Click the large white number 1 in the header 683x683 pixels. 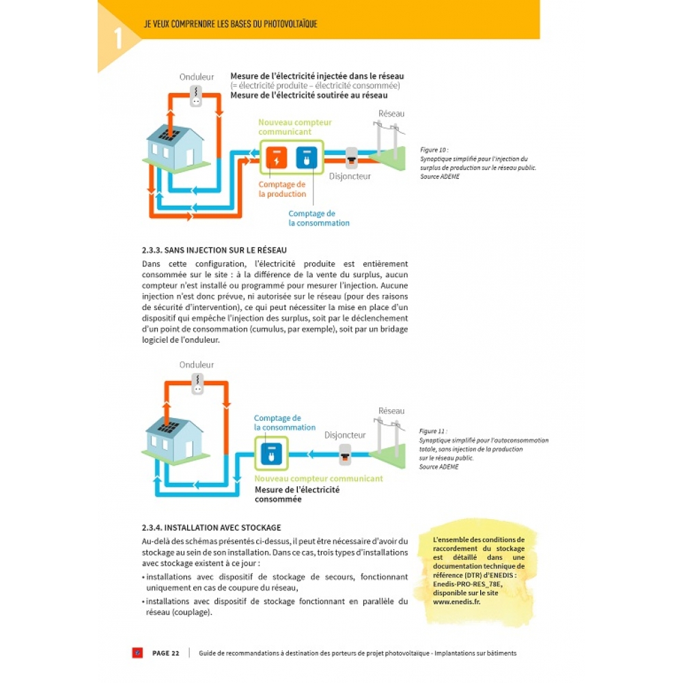point(118,38)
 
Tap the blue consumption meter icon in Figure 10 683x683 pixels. point(305,158)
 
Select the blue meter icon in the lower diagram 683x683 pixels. point(271,451)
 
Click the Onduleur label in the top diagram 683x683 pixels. point(197,77)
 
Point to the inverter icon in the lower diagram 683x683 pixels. point(197,384)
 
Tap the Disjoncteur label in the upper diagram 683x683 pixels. point(350,176)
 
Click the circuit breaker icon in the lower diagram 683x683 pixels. point(346,451)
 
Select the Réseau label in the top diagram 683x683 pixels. point(391,113)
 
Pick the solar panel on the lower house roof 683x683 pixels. point(168,428)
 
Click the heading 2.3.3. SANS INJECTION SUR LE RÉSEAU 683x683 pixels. point(214,250)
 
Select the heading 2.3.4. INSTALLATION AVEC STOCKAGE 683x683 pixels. point(211,527)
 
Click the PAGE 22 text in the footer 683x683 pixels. point(165,653)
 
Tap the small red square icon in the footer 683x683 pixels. point(137,653)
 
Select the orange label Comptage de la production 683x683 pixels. point(282,189)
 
